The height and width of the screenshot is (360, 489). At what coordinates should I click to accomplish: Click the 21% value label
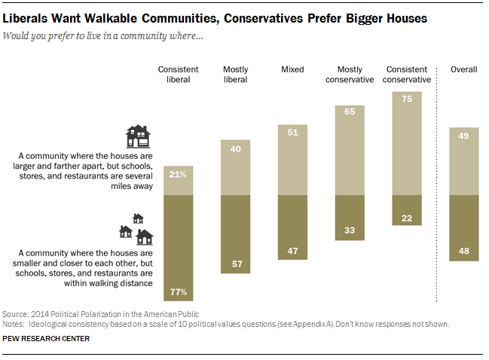coord(178,175)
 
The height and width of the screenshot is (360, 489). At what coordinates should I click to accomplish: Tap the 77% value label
coord(179,292)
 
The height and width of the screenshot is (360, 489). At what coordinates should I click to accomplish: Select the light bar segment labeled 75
coord(407,143)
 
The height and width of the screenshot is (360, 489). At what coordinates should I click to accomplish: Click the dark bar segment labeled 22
coord(407,210)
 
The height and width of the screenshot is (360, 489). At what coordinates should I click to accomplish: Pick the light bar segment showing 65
coord(350,150)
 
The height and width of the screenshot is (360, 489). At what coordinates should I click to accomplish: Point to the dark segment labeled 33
coord(350,218)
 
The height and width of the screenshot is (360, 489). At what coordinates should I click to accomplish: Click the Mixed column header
coord(292,69)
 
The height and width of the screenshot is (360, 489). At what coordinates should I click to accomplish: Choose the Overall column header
coord(463,69)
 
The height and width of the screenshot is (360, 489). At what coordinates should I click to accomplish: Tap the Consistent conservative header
coord(407,75)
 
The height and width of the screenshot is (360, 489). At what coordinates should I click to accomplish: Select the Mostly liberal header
coord(235,75)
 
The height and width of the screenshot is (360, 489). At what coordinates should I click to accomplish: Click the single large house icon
coord(138,136)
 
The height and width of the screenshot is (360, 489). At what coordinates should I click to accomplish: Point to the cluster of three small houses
coord(136,229)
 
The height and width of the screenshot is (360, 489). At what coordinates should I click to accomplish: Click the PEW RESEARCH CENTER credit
coord(46,338)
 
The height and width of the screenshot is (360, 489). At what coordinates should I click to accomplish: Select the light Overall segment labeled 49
coord(463,161)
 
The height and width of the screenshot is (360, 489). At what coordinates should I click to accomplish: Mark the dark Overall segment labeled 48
coord(463,228)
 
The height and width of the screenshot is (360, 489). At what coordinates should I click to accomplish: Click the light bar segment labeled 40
coord(235,168)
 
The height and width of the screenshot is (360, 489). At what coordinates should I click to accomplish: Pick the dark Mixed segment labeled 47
coord(292,227)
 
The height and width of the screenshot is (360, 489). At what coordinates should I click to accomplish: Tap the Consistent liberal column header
coord(178,75)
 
